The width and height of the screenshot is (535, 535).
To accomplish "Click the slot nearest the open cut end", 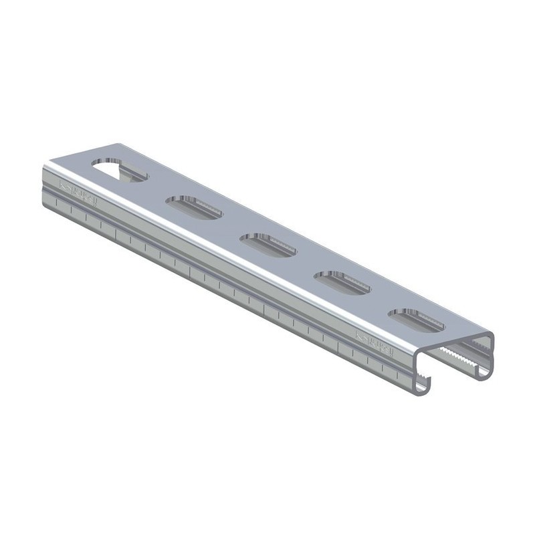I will pyautogui.click(x=416, y=320).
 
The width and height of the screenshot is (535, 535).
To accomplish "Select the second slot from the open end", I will pyautogui.click(x=342, y=282).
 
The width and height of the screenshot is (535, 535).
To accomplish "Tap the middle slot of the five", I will pyautogui.click(x=267, y=244).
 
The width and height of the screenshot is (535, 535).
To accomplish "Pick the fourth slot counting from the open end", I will pyautogui.click(x=194, y=207).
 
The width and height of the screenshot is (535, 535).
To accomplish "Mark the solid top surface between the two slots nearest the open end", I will pyautogui.click(x=379, y=301).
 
